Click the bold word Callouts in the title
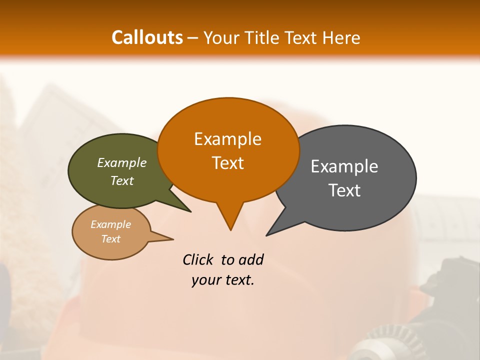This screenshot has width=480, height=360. pyautogui.click(x=147, y=37)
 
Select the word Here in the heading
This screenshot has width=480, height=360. pyautogui.click(x=341, y=37)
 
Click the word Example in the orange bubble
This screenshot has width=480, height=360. pyautogui.click(x=227, y=139)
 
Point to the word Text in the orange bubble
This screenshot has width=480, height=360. pyautogui.click(x=227, y=163)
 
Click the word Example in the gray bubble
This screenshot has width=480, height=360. pyautogui.click(x=344, y=166)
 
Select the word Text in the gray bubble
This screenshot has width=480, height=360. pyautogui.click(x=344, y=190)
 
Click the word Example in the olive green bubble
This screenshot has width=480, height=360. pyautogui.click(x=121, y=163)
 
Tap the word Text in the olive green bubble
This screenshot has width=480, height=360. pyautogui.click(x=121, y=181)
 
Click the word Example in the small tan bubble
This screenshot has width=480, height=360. pyautogui.click(x=110, y=224)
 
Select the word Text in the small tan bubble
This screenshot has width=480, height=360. pyautogui.click(x=110, y=239)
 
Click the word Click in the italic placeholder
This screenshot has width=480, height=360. pyautogui.click(x=197, y=259)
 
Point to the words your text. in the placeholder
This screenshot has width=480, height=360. pyautogui.click(x=222, y=280)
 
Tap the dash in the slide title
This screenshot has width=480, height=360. pyautogui.click(x=193, y=38)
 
